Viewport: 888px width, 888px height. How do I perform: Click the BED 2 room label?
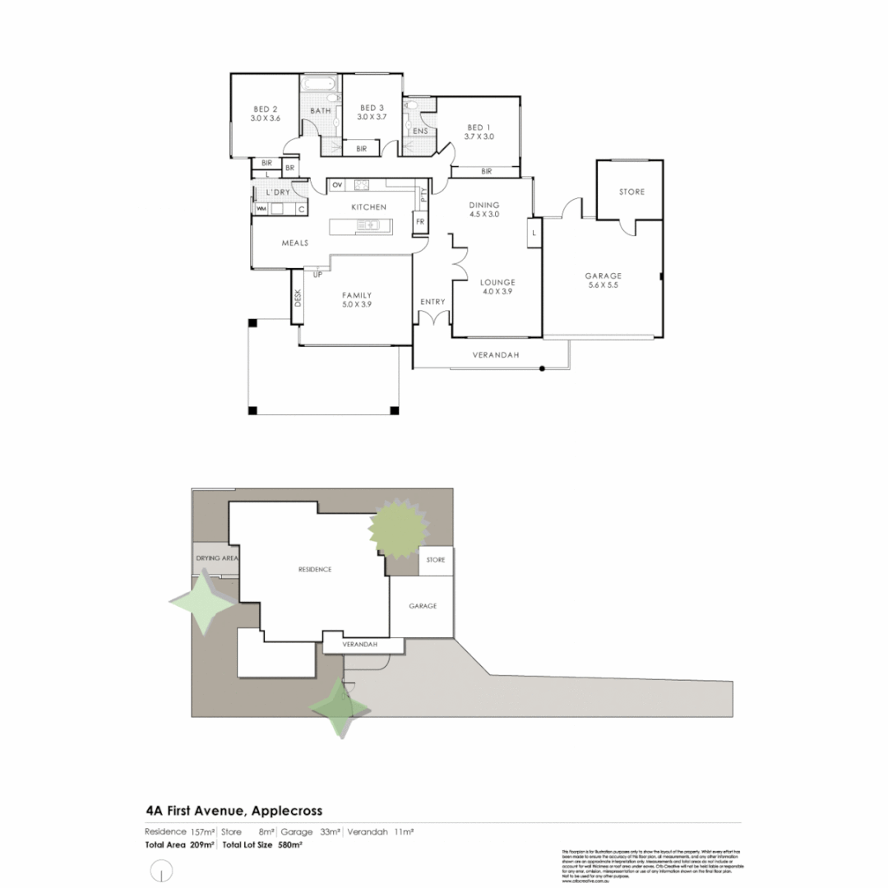[265, 108]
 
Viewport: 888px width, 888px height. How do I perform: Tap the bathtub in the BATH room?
[318, 85]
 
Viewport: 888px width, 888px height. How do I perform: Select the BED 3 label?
[371, 108]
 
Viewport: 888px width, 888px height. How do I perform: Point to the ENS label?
[419, 131]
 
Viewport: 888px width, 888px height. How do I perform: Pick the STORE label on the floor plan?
[631, 192]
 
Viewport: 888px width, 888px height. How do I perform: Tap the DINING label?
[484, 205]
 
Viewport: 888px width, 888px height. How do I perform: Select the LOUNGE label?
[497, 281]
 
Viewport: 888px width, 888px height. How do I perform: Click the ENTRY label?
[432, 302]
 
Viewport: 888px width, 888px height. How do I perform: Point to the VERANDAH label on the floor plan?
[493, 355]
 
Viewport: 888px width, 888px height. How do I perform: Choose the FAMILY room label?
[357, 295]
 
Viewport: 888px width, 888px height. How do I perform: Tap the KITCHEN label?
[368, 207]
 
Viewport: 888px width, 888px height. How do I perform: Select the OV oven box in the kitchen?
[336, 185]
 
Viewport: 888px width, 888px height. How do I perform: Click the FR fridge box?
[419, 222]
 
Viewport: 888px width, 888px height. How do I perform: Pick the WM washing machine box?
[262, 209]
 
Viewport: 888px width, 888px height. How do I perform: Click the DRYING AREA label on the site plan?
[216, 558]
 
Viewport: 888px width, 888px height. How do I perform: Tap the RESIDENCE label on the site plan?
[314, 569]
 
